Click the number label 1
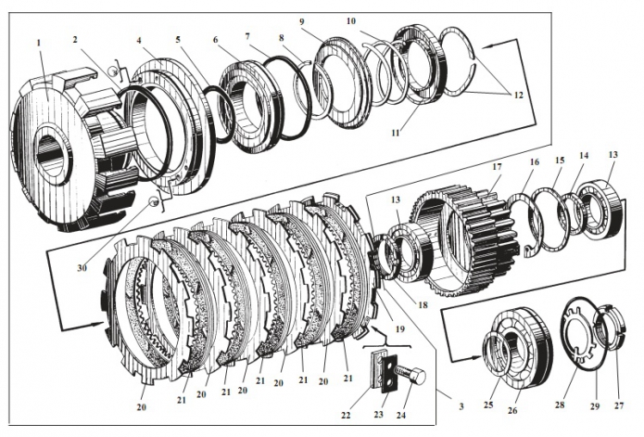(x=39, y=43)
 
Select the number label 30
(x=82, y=267)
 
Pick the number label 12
(x=519, y=95)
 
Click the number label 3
(x=461, y=406)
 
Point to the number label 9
(x=302, y=21)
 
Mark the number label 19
(x=400, y=329)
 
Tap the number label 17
(x=497, y=167)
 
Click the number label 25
(x=487, y=405)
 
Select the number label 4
(x=140, y=41)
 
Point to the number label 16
(x=534, y=162)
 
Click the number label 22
(x=346, y=416)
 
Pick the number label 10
(x=351, y=20)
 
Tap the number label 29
(x=595, y=406)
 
